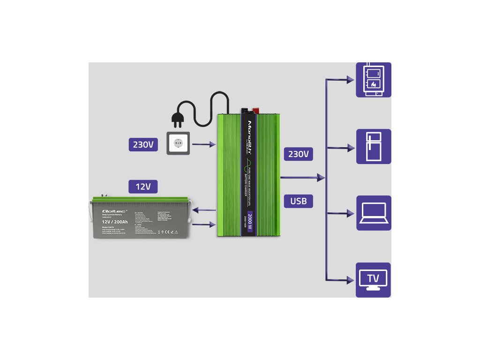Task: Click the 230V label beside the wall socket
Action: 143,144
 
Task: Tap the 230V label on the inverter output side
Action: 298,154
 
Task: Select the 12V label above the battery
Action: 143,187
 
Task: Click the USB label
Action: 298,201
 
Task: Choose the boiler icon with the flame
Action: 373,80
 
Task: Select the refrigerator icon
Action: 373,146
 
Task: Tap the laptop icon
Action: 373,213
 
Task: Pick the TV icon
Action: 373,279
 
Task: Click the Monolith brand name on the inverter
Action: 250,134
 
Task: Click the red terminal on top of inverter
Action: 256,111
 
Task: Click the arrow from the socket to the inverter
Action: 204,145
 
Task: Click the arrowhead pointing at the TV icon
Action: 350,280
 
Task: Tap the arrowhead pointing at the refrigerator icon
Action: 350,148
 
